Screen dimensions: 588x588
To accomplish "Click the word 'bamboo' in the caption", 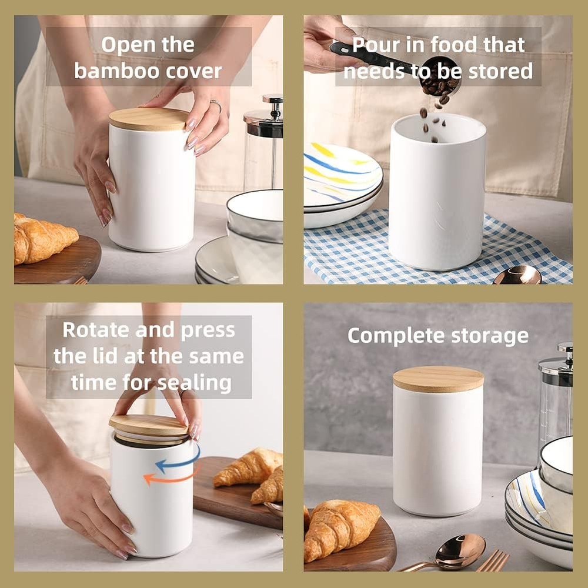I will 108,71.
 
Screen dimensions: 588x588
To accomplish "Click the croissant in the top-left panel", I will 44,239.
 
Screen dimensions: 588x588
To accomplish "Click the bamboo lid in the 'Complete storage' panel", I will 438,379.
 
